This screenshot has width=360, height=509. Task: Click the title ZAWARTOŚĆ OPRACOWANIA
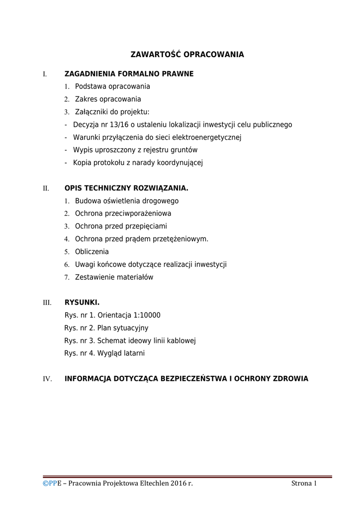coord(187,54)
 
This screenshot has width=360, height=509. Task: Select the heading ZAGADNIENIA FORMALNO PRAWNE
coord(129,74)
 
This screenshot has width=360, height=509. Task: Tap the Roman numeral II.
coord(46,189)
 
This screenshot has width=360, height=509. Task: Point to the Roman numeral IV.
coord(47,379)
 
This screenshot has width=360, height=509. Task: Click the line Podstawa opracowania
coord(112,86)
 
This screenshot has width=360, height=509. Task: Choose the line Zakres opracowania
coord(108,99)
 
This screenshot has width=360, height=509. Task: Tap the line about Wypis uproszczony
coord(135,150)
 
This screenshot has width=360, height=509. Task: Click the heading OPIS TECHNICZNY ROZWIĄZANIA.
coord(126,188)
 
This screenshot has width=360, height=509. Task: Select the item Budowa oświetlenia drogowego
coord(126,201)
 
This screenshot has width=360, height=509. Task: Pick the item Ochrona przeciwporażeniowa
coord(123,214)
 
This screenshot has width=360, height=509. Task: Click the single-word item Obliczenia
coord(91,252)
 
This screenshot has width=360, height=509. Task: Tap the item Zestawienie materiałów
coord(114,277)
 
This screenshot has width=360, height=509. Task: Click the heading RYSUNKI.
coord(82,302)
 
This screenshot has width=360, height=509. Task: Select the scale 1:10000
coord(146,315)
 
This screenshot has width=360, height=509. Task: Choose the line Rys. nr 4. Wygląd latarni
coord(104,353)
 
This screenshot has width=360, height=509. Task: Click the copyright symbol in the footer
coord(45,483)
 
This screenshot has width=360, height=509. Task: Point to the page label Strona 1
coord(304,483)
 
